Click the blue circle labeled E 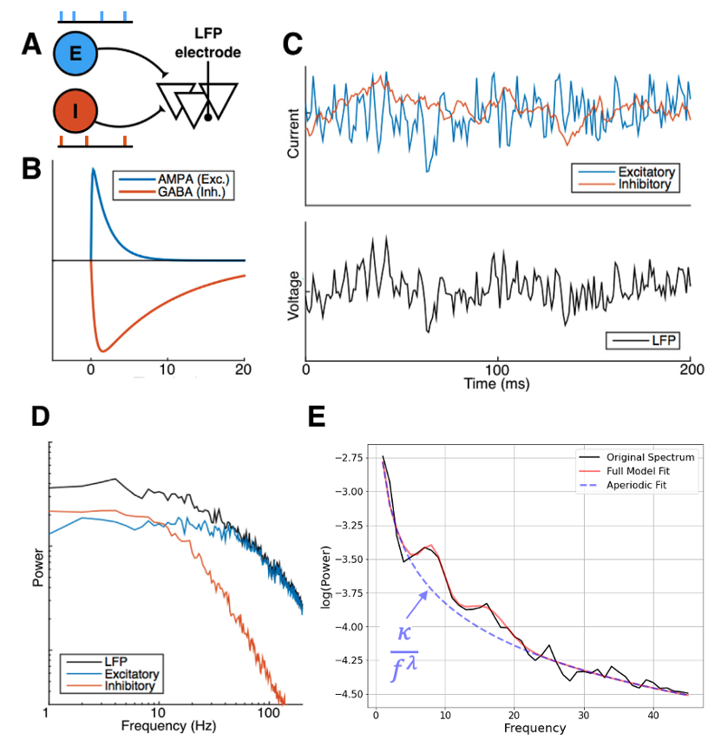[75, 54]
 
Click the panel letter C [293, 43]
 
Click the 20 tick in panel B [244, 368]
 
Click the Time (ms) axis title [497, 383]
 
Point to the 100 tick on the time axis [497, 368]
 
